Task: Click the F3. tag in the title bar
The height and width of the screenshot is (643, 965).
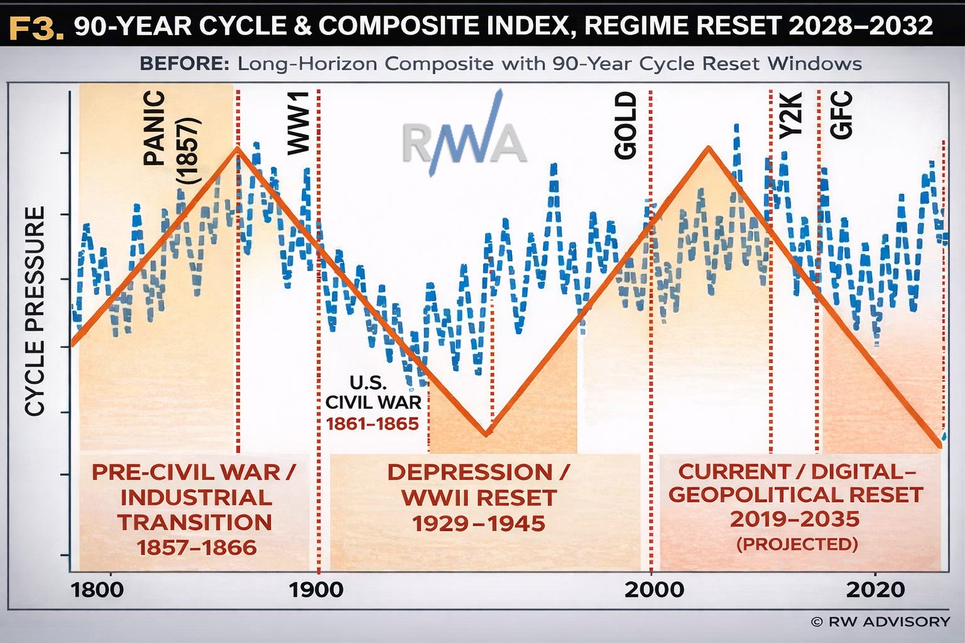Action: click(x=37, y=27)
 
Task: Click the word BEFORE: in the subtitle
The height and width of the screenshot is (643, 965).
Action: click(x=184, y=63)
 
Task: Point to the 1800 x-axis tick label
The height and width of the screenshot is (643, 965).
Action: click(x=97, y=590)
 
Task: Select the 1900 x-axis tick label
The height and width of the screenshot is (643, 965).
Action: click(x=316, y=590)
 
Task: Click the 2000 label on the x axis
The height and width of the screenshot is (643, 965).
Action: click(x=654, y=590)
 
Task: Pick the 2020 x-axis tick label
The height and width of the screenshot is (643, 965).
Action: click(x=875, y=590)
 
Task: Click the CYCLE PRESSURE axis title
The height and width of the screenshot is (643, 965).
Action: click(x=35, y=311)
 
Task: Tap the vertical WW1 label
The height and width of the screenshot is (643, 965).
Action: click(x=298, y=122)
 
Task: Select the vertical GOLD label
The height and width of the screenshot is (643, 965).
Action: click(x=625, y=126)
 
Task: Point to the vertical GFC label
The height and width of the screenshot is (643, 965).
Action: click(x=841, y=115)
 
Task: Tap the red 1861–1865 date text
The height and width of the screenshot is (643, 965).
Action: click(x=372, y=424)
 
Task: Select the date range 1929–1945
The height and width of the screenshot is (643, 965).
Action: click(x=479, y=523)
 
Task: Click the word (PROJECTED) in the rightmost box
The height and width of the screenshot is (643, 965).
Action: click(x=796, y=543)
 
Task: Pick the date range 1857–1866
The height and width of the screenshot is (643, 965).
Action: click(x=197, y=548)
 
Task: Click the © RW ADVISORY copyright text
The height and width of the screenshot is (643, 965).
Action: click(x=880, y=622)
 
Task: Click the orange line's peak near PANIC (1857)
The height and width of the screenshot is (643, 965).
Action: click(x=237, y=148)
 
